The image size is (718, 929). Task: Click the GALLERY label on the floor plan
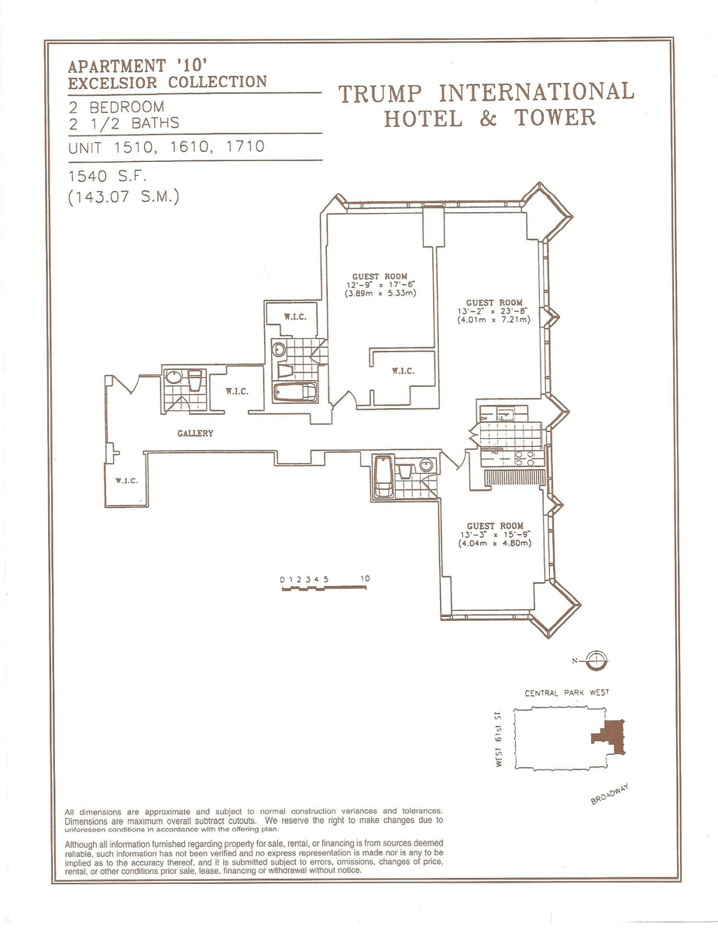point(195,433)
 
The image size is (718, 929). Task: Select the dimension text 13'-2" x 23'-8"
point(493,310)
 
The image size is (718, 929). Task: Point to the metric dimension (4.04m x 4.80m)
point(495,543)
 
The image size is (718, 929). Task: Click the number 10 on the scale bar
point(365,579)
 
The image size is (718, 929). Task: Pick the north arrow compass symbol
point(596,660)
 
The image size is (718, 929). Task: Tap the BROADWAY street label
point(610,794)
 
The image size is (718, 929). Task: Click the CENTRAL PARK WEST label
point(567,693)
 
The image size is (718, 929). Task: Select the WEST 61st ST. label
point(499,739)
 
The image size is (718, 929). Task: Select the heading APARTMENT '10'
point(138,66)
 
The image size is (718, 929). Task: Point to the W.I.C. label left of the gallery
point(126,481)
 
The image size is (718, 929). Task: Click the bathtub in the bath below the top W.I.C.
point(295,392)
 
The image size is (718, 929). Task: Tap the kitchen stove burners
point(524,458)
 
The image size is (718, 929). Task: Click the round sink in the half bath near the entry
point(174,377)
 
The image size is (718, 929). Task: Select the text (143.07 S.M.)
point(123,197)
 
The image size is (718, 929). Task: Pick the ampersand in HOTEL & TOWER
point(488,118)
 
